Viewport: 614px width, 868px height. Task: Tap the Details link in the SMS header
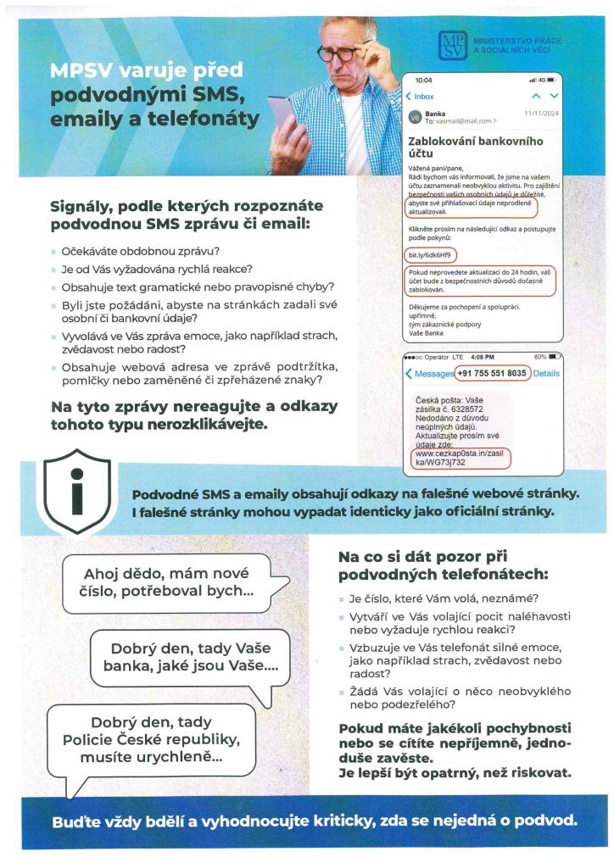(547, 373)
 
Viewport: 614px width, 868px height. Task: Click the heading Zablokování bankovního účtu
(474, 149)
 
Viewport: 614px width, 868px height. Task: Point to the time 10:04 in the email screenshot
(423, 80)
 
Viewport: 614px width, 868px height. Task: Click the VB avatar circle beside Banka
(415, 117)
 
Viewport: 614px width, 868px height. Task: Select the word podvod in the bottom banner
(547, 821)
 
